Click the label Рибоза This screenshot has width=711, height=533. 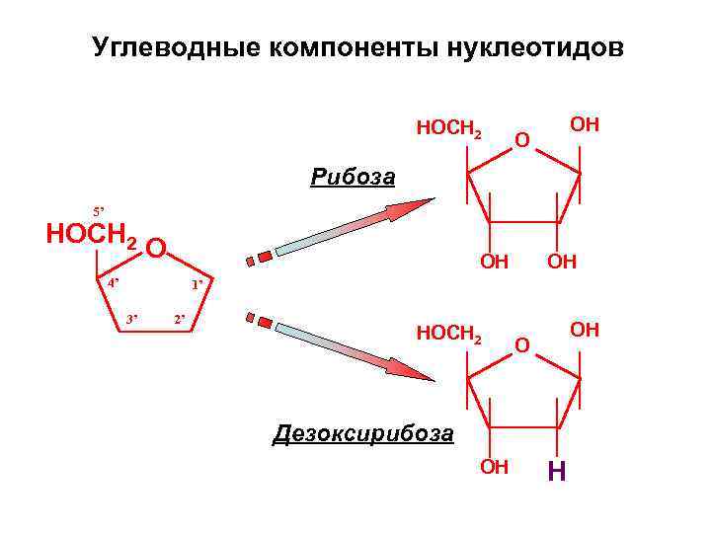352,179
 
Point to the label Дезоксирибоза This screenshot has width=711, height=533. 362,433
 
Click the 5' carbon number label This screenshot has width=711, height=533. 98,211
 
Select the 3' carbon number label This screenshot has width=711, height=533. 131,319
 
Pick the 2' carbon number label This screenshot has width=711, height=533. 179,319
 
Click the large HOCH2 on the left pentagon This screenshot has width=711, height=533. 92,236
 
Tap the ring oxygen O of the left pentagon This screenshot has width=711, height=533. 156,247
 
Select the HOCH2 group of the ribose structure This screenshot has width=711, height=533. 449,129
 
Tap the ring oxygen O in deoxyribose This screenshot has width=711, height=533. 524,345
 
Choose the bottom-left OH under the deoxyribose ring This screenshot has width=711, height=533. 493,466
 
